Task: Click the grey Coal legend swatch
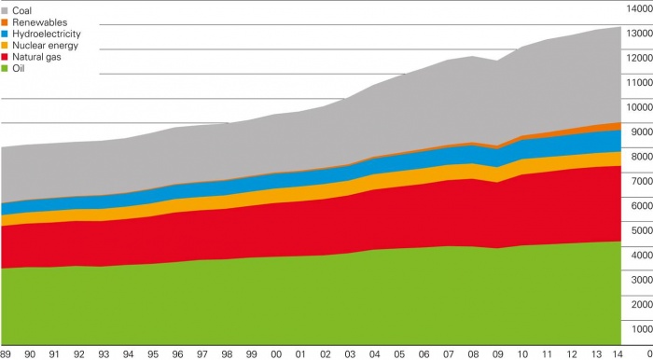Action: (x=6, y=9)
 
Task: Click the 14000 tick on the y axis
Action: (x=638, y=8)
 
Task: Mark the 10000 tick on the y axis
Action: (x=638, y=107)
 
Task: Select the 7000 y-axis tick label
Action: (x=640, y=181)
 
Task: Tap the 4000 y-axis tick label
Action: (x=640, y=255)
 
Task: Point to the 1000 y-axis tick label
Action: (x=640, y=328)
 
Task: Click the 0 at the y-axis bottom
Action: (x=647, y=353)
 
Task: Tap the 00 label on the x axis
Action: (x=276, y=353)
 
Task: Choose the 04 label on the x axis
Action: (x=374, y=353)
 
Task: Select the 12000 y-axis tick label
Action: (x=638, y=58)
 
